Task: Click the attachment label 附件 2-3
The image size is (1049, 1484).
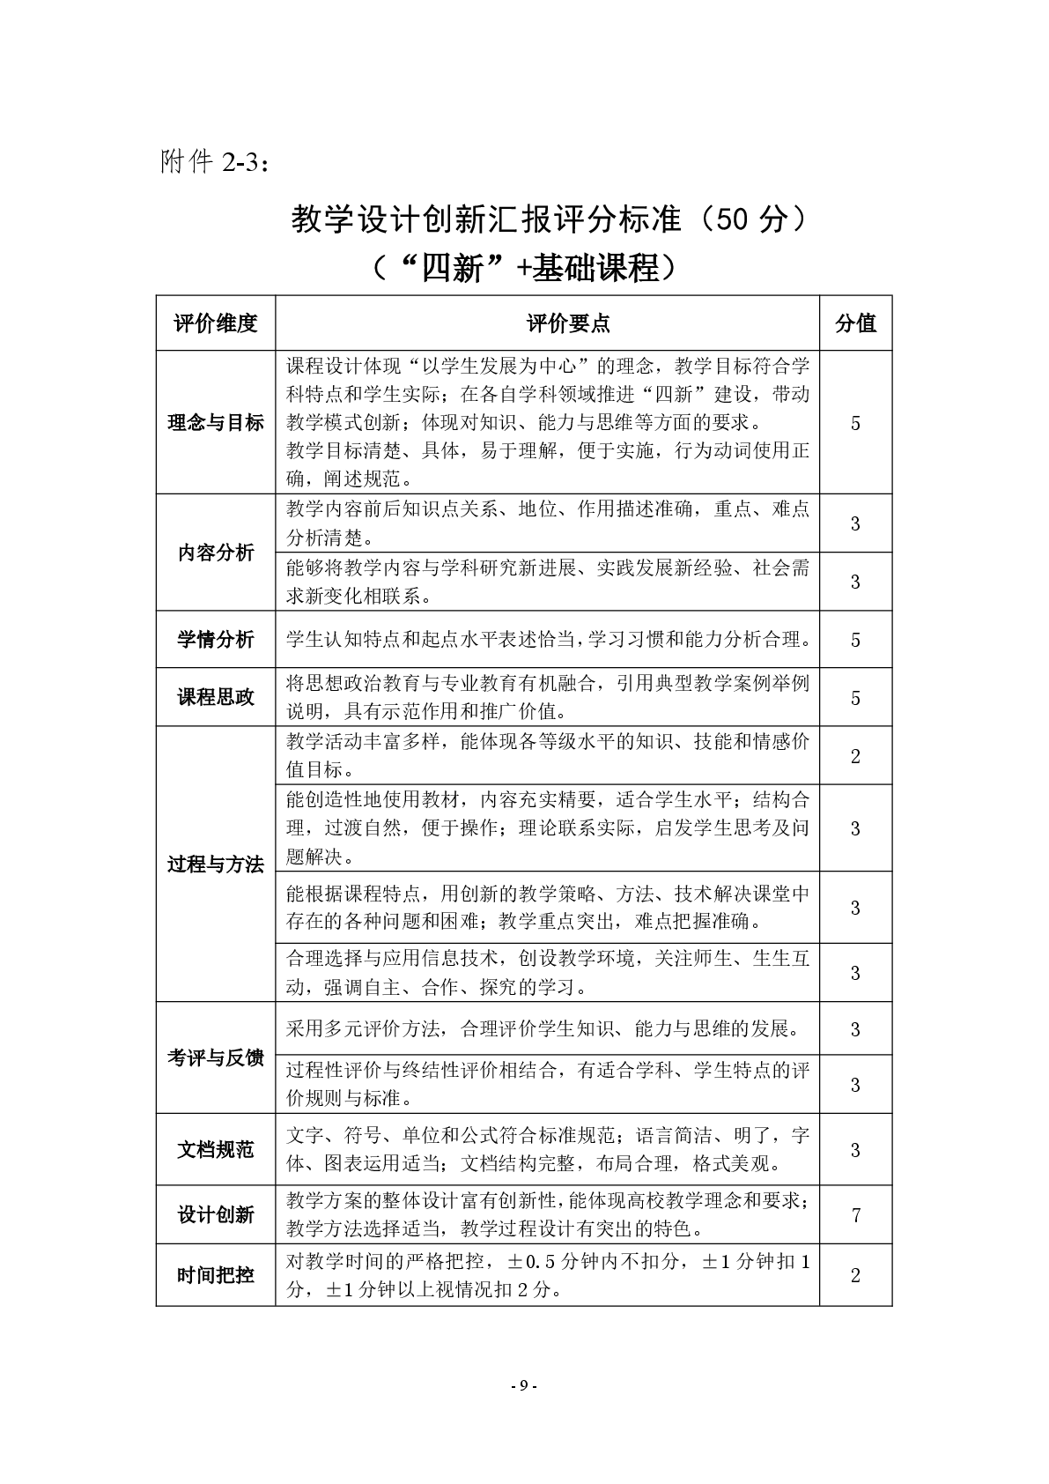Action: (x=215, y=162)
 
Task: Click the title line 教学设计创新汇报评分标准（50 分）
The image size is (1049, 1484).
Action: (x=548, y=220)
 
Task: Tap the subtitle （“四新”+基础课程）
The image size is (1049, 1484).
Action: (x=524, y=267)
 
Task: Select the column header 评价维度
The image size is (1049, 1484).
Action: (x=216, y=323)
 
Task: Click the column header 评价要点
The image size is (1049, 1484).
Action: (x=567, y=323)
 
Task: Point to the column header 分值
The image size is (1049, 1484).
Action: (x=855, y=323)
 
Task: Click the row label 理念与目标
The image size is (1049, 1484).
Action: (x=216, y=423)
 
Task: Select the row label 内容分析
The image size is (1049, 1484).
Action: (x=216, y=553)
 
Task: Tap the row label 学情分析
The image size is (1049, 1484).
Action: (x=216, y=640)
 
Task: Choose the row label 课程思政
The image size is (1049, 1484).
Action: (x=216, y=697)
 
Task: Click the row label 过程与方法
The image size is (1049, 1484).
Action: (x=216, y=864)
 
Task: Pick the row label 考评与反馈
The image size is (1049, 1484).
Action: (x=216, y=1057)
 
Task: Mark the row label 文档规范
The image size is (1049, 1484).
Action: (x=216, y=1150)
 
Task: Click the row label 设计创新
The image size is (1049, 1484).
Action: (x=216, y=1215)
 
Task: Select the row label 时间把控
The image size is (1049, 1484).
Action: (x=216, y=1275)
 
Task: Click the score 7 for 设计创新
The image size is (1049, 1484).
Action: (x=855, y=1215)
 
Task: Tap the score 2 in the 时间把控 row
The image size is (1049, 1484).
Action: (x=855, y=1275)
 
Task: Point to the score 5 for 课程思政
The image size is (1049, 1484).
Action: (x=855, y=698)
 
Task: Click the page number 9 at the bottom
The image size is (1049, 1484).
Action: (x=523, y=1384)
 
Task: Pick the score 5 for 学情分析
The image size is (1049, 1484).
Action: (x=855, y=640)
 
